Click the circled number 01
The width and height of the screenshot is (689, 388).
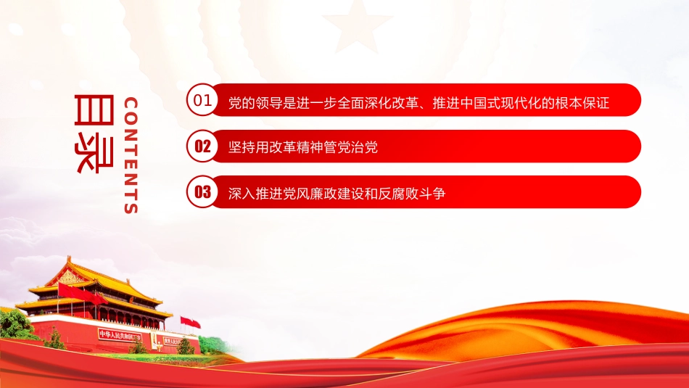(202, 100)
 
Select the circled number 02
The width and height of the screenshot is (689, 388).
(202, 146)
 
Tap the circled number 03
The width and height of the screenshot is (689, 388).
(202, 191)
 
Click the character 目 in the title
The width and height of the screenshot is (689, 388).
(94, 110)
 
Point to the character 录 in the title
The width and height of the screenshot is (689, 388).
(94, 154)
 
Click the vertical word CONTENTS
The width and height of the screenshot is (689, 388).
(131, 155)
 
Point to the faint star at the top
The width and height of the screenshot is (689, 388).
(358, 26)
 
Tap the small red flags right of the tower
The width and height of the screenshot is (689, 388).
(190, 323)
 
